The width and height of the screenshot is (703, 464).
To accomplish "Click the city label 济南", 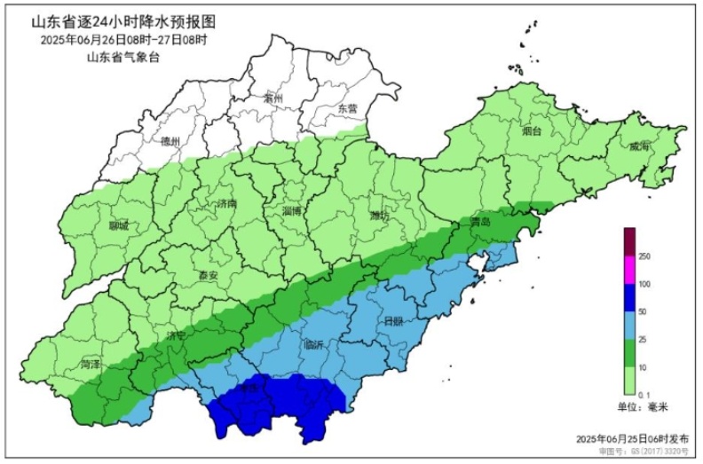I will click(227, 203).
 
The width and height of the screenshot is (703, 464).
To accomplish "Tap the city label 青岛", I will click(481, 221).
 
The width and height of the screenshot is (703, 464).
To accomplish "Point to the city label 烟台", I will click(532, 130).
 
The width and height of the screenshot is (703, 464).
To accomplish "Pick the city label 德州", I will click(170, 141).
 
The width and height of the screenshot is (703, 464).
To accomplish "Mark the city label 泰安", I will click(209, 275).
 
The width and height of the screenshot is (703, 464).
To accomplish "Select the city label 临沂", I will click(313, 344).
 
